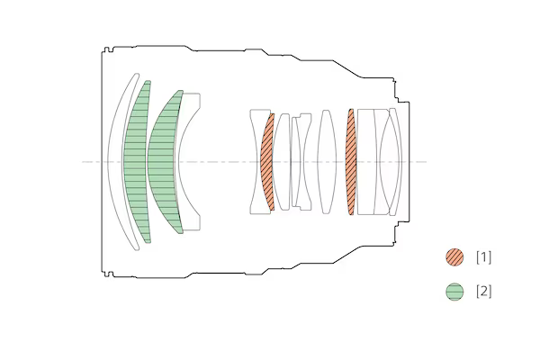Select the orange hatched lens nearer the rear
click(x=351, y=162)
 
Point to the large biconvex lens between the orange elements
click(x=327, y=162)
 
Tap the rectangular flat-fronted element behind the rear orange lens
click(x=366, y=162)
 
